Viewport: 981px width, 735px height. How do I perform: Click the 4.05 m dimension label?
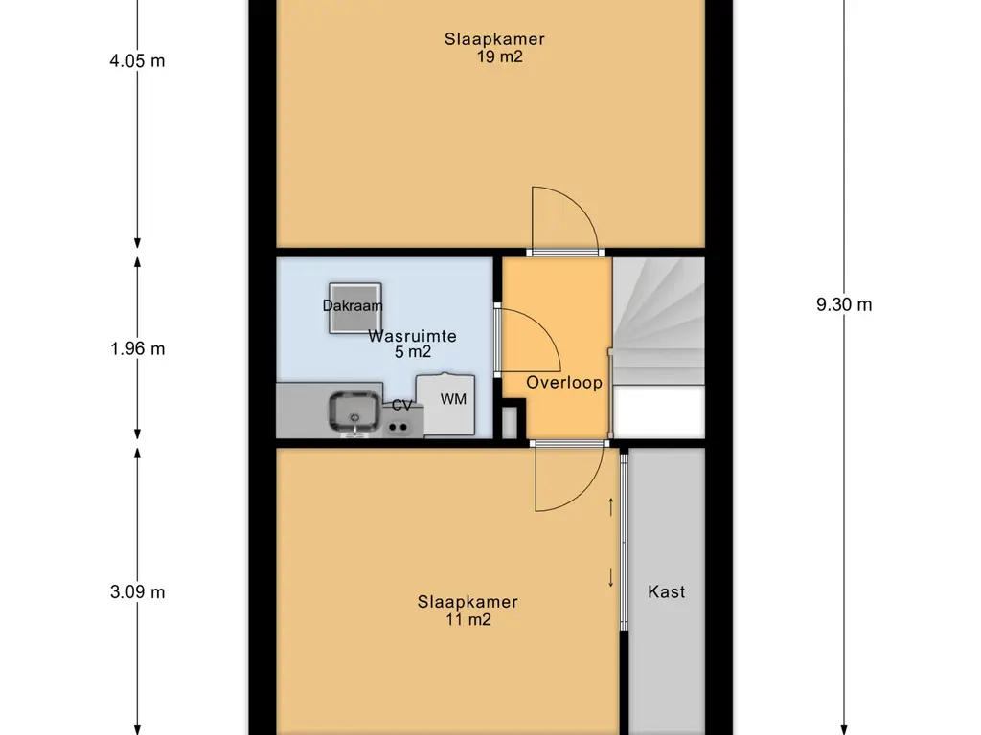point(137,60)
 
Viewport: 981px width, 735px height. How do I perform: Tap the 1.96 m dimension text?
point(137,348)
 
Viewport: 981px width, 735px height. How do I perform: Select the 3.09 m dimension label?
point(137,591)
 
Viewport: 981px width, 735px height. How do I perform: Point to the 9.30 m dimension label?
point(843,304)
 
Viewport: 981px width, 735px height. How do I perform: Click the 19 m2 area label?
point(499,56)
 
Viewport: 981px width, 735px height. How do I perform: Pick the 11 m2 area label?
point(468,619)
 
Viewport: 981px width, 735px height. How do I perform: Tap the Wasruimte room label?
point(412,336)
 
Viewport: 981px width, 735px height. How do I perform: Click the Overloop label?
point(563,383)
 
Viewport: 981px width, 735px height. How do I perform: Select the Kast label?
point(667,591)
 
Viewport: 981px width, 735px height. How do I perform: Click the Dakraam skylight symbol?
point(355,308)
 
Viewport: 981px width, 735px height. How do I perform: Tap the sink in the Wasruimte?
point(354,412)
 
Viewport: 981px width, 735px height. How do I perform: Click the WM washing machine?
point(445,405)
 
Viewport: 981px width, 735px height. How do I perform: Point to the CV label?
point(401,406)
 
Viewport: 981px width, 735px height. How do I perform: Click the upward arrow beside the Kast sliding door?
point(611,507)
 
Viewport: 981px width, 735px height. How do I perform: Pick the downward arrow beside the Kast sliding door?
point(611,577)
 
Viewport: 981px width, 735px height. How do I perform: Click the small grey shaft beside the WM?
point(510,422)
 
